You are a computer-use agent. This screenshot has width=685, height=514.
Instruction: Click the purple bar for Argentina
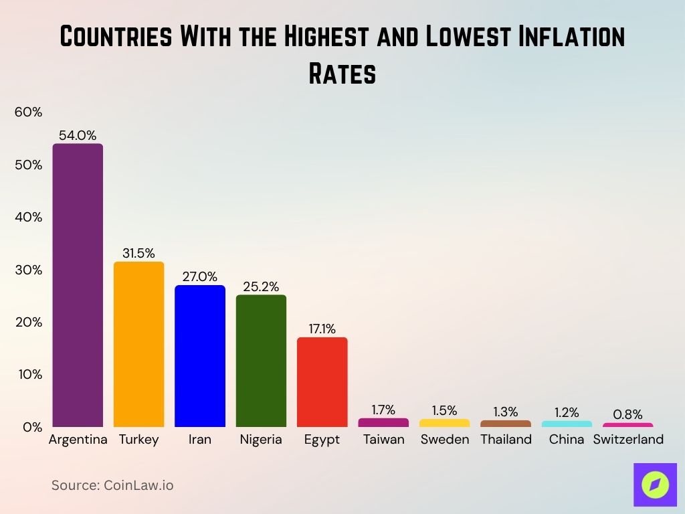point(78,285)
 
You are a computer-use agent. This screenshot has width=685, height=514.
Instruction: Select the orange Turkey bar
point(138,344)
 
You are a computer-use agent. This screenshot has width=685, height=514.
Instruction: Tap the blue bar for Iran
point(200,356)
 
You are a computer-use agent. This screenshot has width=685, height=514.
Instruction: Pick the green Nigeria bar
point(261,361)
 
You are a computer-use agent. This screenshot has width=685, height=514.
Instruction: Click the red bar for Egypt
point(322,381)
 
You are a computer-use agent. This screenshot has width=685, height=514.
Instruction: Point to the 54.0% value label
point(78,135)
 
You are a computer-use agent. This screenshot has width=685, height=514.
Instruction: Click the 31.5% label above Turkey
point(138,253)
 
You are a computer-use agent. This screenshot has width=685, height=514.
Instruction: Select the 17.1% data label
point(322,329)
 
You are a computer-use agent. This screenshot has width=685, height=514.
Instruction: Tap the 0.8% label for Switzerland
point(627,414)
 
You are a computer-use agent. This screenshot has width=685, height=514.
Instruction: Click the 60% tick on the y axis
point(28,112)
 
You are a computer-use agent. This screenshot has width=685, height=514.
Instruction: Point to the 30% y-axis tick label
point(28,270)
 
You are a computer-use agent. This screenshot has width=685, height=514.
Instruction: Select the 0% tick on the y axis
point(31,427)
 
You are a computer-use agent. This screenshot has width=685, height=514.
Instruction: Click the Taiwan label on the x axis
point(383,440)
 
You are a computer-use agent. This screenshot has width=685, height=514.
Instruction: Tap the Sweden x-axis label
point(444,440)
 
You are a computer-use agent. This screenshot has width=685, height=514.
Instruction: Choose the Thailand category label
point(506,440)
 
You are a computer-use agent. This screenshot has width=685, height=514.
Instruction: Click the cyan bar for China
point(567,424)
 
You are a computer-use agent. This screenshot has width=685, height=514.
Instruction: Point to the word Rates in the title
point(342,74)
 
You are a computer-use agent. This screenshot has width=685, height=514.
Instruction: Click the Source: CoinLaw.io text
point(112,485)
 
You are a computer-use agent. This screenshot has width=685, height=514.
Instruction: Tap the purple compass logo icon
point(655,485)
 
